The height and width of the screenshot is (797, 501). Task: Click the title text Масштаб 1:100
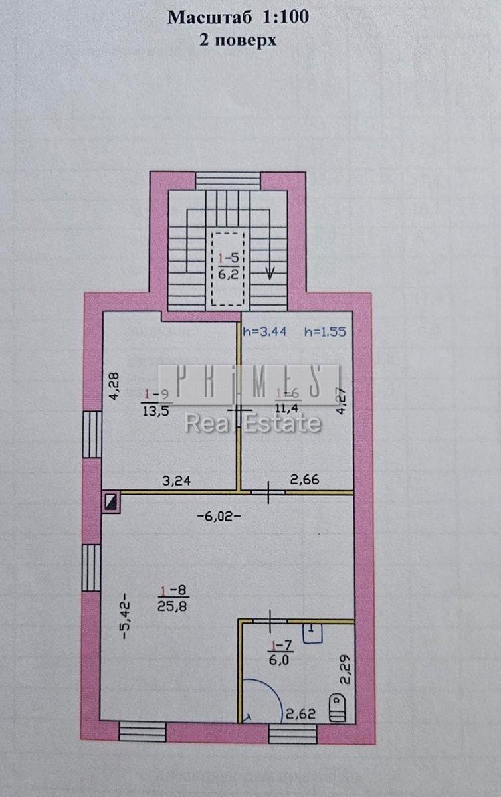pos(238,17)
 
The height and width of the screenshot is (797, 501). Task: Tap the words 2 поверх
pos(238,41)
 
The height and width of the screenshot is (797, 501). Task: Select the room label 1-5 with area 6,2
pos(229,266)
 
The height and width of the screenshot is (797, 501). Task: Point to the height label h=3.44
pos(264,332)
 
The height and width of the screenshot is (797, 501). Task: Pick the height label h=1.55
pos(325,332)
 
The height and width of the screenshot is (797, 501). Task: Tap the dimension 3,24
pos(177,481)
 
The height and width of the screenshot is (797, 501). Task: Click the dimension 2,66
pos(305,480)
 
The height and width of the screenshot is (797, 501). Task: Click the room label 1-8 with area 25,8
pos(173,598)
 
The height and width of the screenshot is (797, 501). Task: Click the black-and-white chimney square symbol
pos(111,502)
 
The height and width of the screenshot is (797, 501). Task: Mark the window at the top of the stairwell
pos(229,181)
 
